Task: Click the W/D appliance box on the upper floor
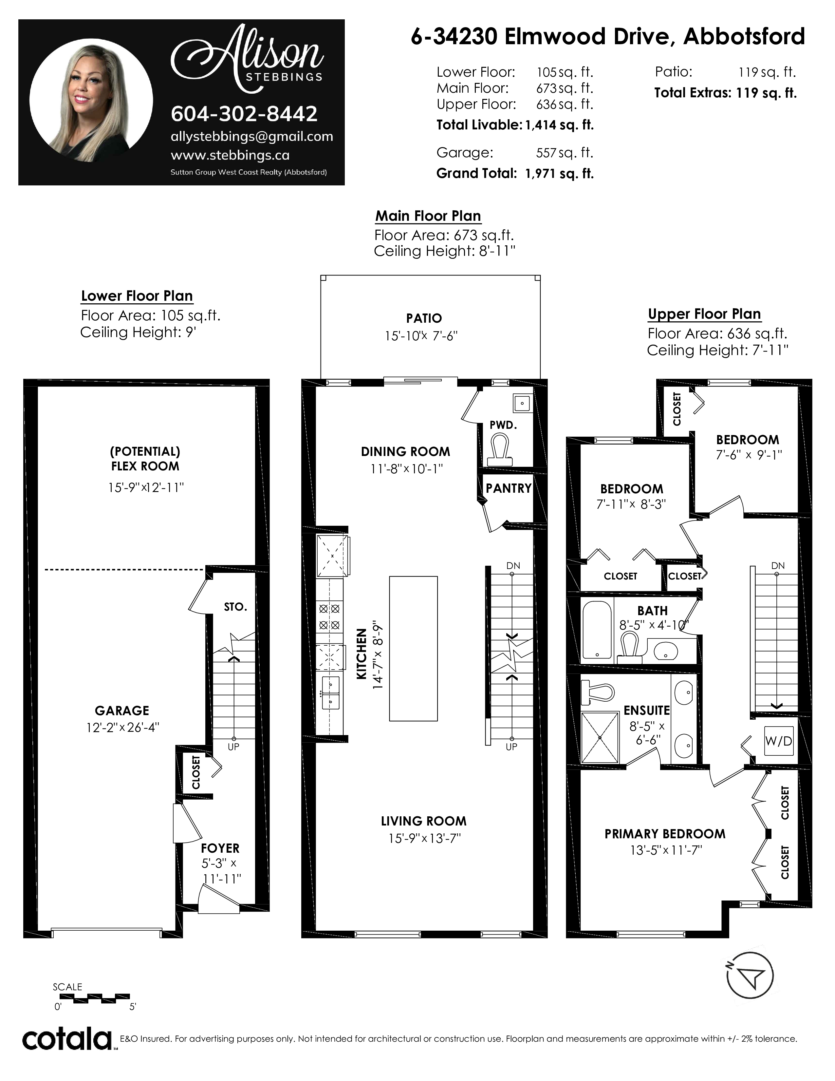(779, 741)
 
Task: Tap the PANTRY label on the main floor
(509, 488)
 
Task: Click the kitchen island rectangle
(414, 648)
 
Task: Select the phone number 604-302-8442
(244, 114)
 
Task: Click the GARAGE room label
(122, 711)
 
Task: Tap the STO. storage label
(235, 607)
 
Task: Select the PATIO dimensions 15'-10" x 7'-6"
(421, 336)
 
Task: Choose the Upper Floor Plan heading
(704, 314)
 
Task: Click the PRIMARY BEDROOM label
(665, 834)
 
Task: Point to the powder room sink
(522, 403)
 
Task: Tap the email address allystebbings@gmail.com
(252, 137)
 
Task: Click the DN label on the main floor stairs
(513, 566)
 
